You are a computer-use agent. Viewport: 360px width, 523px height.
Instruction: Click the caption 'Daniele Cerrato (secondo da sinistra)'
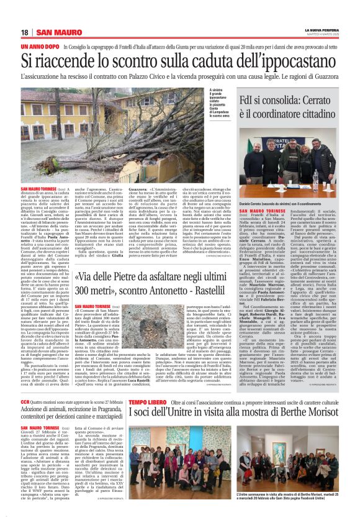click(x=285, y=203)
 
